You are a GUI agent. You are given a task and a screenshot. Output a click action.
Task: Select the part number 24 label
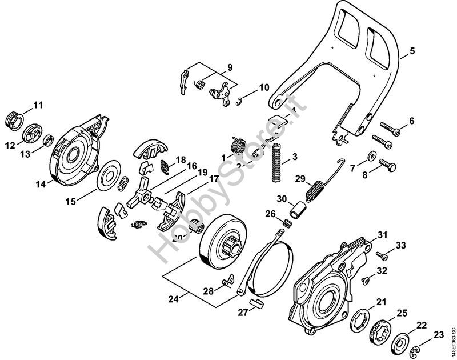click(172, 298)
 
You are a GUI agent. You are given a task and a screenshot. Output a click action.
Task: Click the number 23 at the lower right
click(439, 335)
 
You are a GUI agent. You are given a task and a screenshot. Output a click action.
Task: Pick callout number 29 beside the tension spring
click(300, 179)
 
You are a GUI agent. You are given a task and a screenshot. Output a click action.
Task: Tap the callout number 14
click(41, 185)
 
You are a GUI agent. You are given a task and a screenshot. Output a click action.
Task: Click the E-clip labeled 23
click(418, 343)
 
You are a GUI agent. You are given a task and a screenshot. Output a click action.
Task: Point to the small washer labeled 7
click(371, 155)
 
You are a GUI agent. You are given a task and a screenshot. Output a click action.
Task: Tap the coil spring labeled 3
click(278, 162)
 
